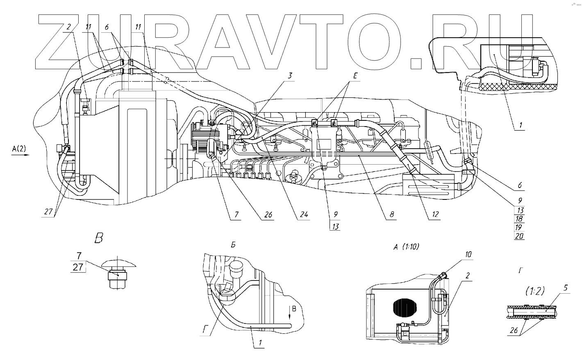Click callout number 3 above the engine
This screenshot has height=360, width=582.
tap(289, 75)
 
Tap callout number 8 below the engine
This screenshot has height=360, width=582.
tap(392, 214)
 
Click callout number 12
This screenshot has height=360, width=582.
tap(435, 214)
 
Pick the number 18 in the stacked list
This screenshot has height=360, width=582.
tap(519, 219)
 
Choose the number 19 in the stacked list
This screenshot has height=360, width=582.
tap(519, 227)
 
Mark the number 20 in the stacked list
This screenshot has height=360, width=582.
tap(519, 235)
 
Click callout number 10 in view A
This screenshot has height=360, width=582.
tap(468, 254)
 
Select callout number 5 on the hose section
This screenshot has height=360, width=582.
tap(565, 288)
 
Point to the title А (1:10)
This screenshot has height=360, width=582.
tap(406, 247)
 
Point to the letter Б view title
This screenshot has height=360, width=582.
tap(233, 245)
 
